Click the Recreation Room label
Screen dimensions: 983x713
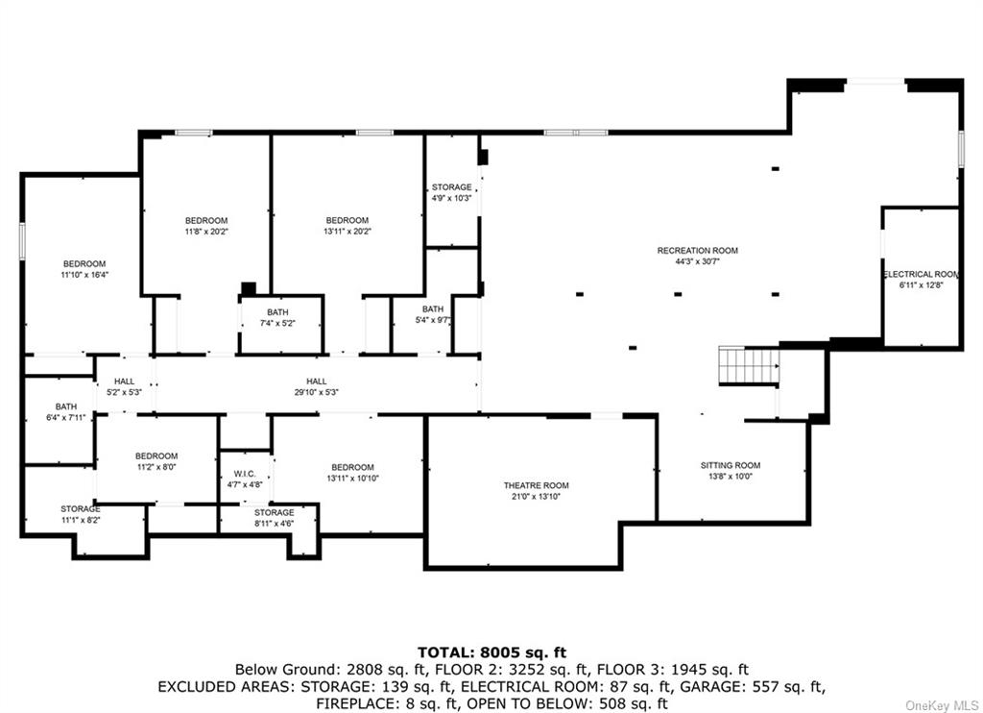coord(697,251)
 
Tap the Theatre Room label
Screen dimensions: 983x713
coord(536,486)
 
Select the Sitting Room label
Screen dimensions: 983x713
coord(731,466)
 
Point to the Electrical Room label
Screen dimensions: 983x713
coord(921,274)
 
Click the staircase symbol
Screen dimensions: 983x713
coord(749,364)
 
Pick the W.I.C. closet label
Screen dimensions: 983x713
coord(245,474)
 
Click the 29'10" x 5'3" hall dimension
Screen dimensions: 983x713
coord(317,393)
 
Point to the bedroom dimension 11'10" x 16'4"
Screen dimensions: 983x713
coord(84,275)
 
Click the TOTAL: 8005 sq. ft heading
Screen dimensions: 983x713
coord(492,652)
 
